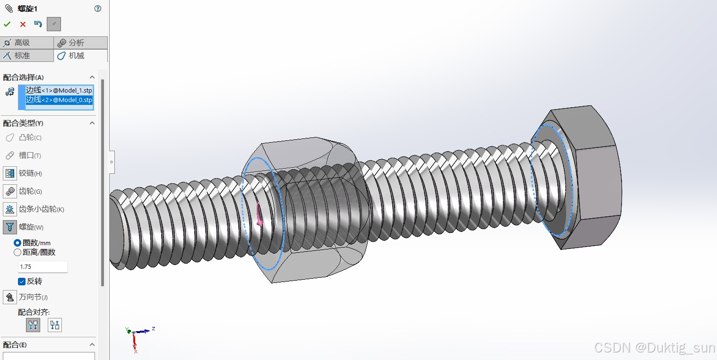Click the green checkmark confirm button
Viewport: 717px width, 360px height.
pos(7,24)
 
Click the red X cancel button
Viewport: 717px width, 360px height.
pos(23,24)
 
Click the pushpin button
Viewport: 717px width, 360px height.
pos(54,24)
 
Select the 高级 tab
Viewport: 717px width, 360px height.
pos(27,43)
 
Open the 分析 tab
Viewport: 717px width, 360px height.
pos(80,43)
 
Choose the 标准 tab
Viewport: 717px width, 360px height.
pos(27,56)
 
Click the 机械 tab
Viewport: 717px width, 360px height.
pos(80,56)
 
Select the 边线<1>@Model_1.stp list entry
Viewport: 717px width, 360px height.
pos(59,90)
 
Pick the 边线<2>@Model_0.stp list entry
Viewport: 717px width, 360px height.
pos(59,100)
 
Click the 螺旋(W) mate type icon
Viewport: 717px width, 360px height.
pos(10,227)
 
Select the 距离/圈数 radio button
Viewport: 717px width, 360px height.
pos(17,252)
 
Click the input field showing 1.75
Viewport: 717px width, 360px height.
pos(43,267)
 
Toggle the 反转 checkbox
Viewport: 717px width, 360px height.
pos(22,282)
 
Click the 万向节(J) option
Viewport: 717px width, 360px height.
pos(10,297)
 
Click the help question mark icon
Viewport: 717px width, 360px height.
pos(98,9)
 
